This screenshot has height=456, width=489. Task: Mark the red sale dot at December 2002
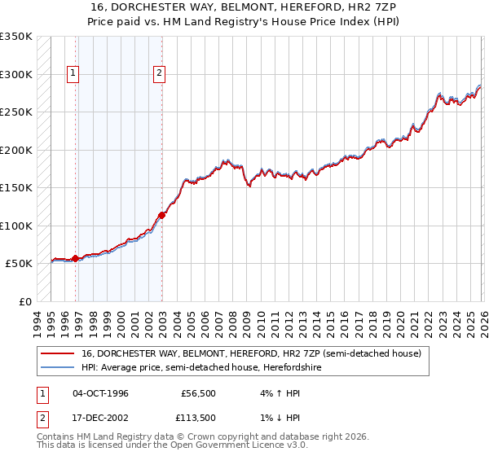162,216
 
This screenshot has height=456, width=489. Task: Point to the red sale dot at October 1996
76,259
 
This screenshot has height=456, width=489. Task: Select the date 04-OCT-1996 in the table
100,393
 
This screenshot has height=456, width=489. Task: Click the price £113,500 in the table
199,418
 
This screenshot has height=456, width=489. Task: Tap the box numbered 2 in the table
42,418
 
